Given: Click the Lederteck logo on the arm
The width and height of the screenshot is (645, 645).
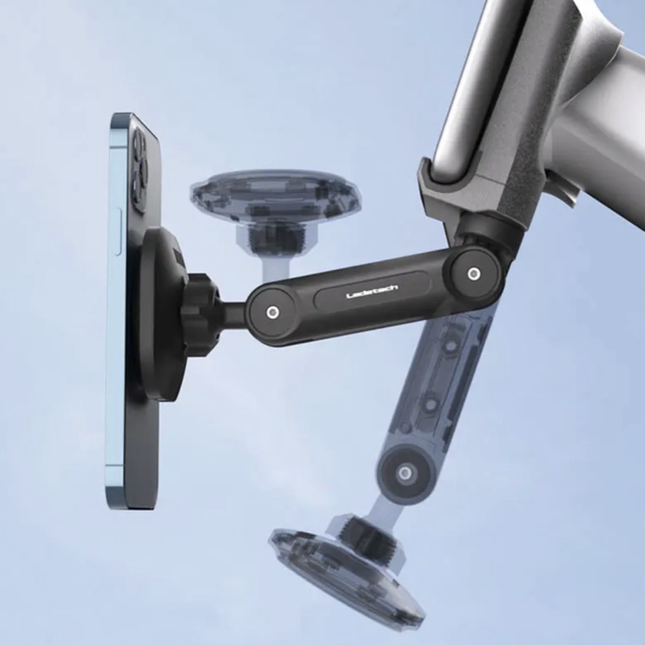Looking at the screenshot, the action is (372, 291).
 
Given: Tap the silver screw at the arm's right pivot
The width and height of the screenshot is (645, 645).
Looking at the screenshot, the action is (474, 273).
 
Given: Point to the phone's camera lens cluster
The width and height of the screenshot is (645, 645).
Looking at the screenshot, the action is (139, 169).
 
